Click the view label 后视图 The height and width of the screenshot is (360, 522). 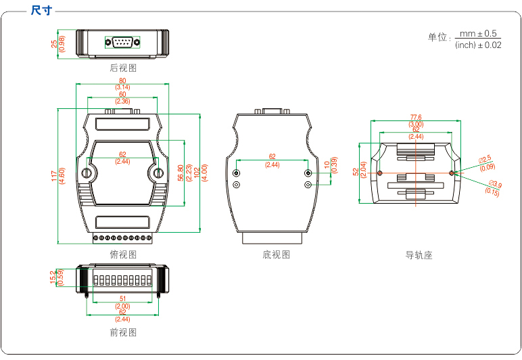[x=123, y=68]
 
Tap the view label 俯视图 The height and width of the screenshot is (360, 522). [x=123, y=254]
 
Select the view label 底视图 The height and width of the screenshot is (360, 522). [x=276, y=254]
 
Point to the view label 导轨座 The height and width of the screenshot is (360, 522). [x=419, y=255]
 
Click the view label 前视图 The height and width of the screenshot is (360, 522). [x=123, y=332]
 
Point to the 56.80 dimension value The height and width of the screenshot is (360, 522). [x=180, y=173]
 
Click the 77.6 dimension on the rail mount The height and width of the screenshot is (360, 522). [x=416, y=118]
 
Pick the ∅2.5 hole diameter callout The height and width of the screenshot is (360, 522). [x=485, y=159]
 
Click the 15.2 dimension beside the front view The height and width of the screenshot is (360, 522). [x=53, y=277]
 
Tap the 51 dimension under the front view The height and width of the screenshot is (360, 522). [x=122, y=298]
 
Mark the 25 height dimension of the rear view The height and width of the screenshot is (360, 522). [x=54, y=44]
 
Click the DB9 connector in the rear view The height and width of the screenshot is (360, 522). [x=122, y=43]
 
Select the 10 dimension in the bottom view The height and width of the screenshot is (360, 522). [x=326, y=165]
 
